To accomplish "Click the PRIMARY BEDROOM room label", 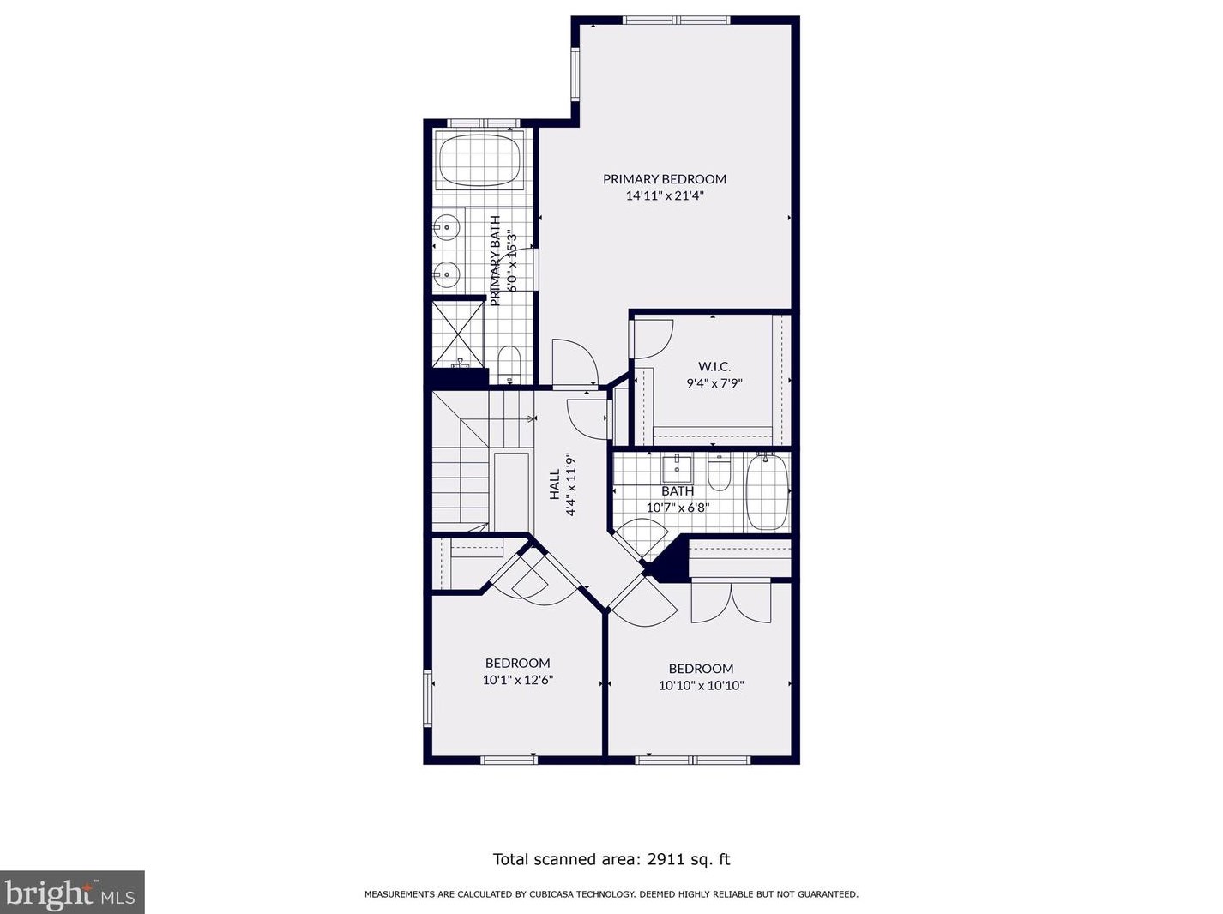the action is click(x=664, y=179).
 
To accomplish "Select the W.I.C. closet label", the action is click(x=714, y=366).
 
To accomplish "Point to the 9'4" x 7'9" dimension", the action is click(x=714, y=383).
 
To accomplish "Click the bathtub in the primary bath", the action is click(x=480, y=161).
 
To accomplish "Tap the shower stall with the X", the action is click(x=459, y=334).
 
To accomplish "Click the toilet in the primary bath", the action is click(x=509, y=364).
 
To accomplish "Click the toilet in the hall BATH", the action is click(x=720, y=472).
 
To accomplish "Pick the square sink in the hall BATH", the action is click(x=677, y=470).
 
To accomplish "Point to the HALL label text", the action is click(x=555, y=484).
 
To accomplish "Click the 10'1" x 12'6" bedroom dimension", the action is click(x=518, y=680).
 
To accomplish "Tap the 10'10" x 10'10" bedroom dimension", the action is click(x=701, y=686).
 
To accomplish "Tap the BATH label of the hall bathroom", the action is click(x=678, y=491).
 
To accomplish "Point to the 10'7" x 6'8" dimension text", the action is click(x=678, y=508).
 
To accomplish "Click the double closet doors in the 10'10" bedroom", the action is click(x=731, y=602).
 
